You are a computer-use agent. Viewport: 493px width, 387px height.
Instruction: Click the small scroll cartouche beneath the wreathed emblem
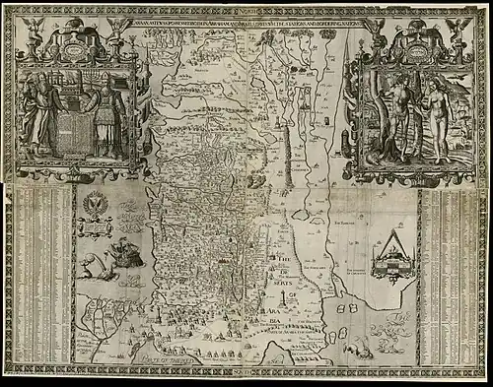(96, 228)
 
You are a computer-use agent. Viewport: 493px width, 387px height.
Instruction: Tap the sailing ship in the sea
(129, 246)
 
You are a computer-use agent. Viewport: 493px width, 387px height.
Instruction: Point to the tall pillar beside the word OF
(284, 295)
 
